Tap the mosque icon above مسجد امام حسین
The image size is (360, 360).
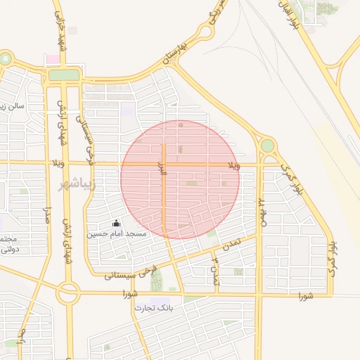coord(116,223)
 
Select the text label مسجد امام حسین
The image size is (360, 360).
coord(117,233)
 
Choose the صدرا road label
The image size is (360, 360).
coord(48,211)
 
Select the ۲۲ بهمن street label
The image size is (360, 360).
coord(262,210)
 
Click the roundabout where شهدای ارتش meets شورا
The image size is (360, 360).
coord(68,292)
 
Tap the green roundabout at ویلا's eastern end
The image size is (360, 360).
coord(267,146)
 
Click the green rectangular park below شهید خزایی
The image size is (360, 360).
coord(64,75)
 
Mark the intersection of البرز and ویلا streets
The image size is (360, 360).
coord(164,165)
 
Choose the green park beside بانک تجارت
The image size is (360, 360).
coord(155,280)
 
